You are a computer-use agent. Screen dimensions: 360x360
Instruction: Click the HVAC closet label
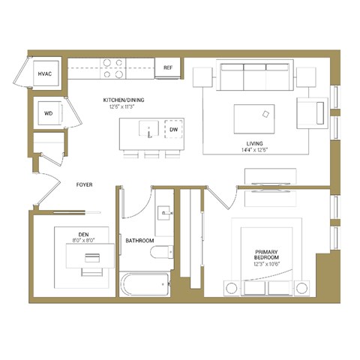[44, 73]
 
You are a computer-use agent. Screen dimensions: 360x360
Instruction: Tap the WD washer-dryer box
[48, 113]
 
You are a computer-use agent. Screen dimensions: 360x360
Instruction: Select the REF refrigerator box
[169, 68]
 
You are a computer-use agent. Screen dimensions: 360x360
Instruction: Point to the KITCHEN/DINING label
[124, 100]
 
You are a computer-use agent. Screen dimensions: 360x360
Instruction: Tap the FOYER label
[84, 184]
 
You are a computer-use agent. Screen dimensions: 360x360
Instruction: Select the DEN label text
[84, 233]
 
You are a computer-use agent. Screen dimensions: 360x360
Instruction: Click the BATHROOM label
[139, 241]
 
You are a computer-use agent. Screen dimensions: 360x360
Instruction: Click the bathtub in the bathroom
[144, 285]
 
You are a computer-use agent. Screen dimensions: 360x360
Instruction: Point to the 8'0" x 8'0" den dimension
[84, 240]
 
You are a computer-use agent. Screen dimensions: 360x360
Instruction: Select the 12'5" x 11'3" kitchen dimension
[124, 106]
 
